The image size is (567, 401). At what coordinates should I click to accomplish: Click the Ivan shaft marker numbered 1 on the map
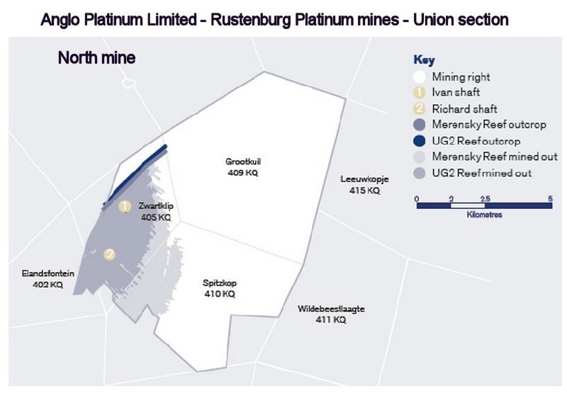click(x=125, y=207)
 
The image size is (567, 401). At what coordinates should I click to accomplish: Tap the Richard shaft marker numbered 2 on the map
click(x=109, y=254)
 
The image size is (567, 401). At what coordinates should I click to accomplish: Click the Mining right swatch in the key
click(x=419, y=77)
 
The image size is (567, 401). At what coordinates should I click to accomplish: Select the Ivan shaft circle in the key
click(x=419, y=92)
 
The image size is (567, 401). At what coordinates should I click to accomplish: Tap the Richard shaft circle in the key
click(x=419, y=108)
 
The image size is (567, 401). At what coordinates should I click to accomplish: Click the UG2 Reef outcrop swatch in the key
click(x=419, y=140)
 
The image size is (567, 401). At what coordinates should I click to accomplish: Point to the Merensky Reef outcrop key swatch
click(x=419, y=125)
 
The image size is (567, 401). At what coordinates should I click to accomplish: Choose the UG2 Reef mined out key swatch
click(x=419, y=173)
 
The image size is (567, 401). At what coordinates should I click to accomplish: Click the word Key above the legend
click(x=424, y=60)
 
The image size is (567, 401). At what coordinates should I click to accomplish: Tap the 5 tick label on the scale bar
click(x=550, y=198)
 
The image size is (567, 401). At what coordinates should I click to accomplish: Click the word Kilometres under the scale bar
click(x=485, y=214)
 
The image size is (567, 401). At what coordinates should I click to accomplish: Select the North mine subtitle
click(x=96, y=58)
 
